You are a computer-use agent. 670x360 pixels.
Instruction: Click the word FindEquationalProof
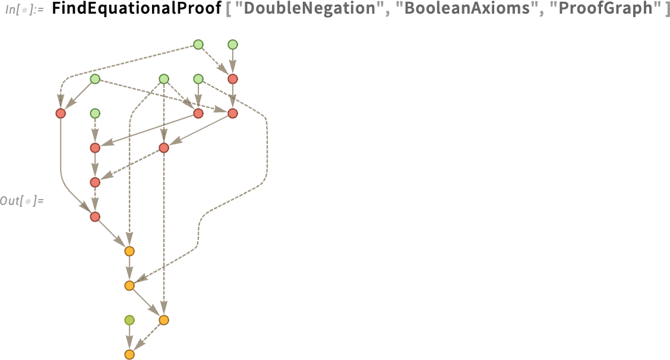coord(137,8)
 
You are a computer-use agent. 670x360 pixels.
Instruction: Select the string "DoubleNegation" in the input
coord(305,8)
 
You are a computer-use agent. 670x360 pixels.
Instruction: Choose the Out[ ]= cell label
coord(22,200)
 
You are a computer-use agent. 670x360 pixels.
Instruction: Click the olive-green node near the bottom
coord(129,320)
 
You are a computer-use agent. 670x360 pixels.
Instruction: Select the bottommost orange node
coord(129,355)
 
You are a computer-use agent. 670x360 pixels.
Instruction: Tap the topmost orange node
coord(129,251)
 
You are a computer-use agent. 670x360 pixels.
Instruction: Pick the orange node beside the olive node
coord(164,320)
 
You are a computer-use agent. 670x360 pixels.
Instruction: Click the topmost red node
coord(232,78)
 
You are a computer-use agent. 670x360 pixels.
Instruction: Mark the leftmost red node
coord(61,113)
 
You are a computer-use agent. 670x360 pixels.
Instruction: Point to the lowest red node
coord(95,217)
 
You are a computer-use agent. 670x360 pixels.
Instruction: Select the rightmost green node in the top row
coord(232,45)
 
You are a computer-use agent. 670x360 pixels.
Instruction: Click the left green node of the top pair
coord(198,45)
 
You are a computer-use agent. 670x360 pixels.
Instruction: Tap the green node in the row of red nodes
coord(95,113)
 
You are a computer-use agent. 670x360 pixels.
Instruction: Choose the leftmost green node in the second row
coord(95,78)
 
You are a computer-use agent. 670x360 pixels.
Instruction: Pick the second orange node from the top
coord(129,286)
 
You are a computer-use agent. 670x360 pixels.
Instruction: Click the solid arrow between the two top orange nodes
coord(129,268)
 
